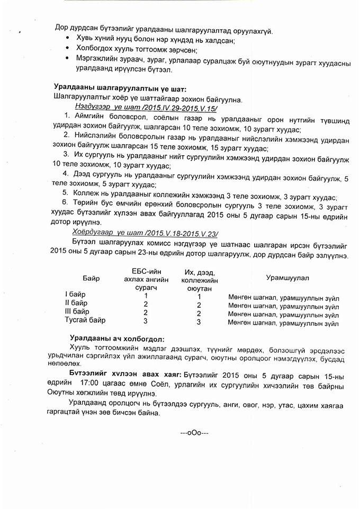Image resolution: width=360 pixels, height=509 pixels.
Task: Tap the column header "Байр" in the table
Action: [x=91, y=278]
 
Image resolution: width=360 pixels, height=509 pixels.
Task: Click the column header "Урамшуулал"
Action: [x=287, y=278]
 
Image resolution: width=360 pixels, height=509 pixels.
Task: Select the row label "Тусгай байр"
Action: [x=85, y=320]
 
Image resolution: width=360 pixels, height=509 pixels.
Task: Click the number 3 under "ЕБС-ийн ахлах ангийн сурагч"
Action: [x=145, y=320]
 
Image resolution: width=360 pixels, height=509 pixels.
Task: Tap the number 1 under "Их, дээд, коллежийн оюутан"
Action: [x=199, y=296]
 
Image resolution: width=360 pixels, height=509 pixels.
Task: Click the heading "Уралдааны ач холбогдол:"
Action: [x=116, y=338]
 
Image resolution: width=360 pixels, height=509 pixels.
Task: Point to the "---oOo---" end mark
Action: [x=194, y=432]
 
